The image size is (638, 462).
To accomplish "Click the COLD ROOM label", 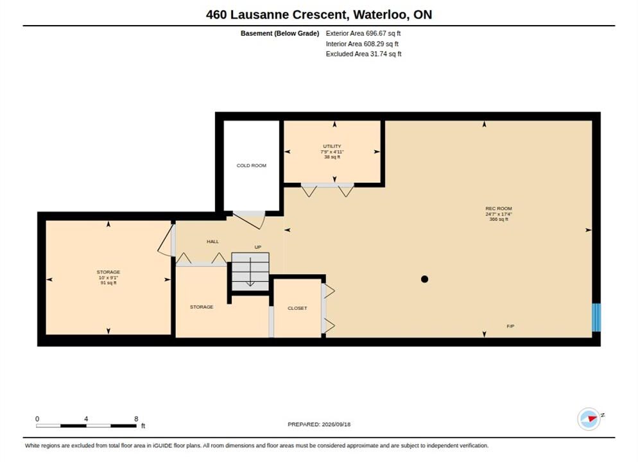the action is (252, 166).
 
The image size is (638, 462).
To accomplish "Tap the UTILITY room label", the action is (332, 146).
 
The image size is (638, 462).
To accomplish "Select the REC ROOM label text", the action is (499, 209).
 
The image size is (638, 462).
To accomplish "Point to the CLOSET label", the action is (297, 308).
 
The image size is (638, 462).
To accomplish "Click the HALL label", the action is (212, 241).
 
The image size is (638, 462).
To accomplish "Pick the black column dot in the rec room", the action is (424, 279).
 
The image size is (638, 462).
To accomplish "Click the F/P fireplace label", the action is (510, 326).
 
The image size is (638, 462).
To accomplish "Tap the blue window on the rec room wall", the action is (596, 317).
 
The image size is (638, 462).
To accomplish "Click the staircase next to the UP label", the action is (250, 271).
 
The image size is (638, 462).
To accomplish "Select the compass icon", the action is (589, 418).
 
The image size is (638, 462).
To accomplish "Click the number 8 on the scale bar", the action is (136, 419).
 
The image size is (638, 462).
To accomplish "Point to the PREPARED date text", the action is (319, 424).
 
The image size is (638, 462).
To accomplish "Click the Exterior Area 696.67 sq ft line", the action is (363, 33).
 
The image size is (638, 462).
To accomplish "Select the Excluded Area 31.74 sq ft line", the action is (363, 54).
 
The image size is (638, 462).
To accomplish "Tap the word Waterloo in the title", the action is (381, 15).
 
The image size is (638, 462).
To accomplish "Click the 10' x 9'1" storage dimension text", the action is (108, 277).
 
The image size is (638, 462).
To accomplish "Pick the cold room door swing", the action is (249, 219).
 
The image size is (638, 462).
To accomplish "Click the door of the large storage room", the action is (166, 241).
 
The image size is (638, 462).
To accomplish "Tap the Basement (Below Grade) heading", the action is (280, 33).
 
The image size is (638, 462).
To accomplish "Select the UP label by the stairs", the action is (257, 247).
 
